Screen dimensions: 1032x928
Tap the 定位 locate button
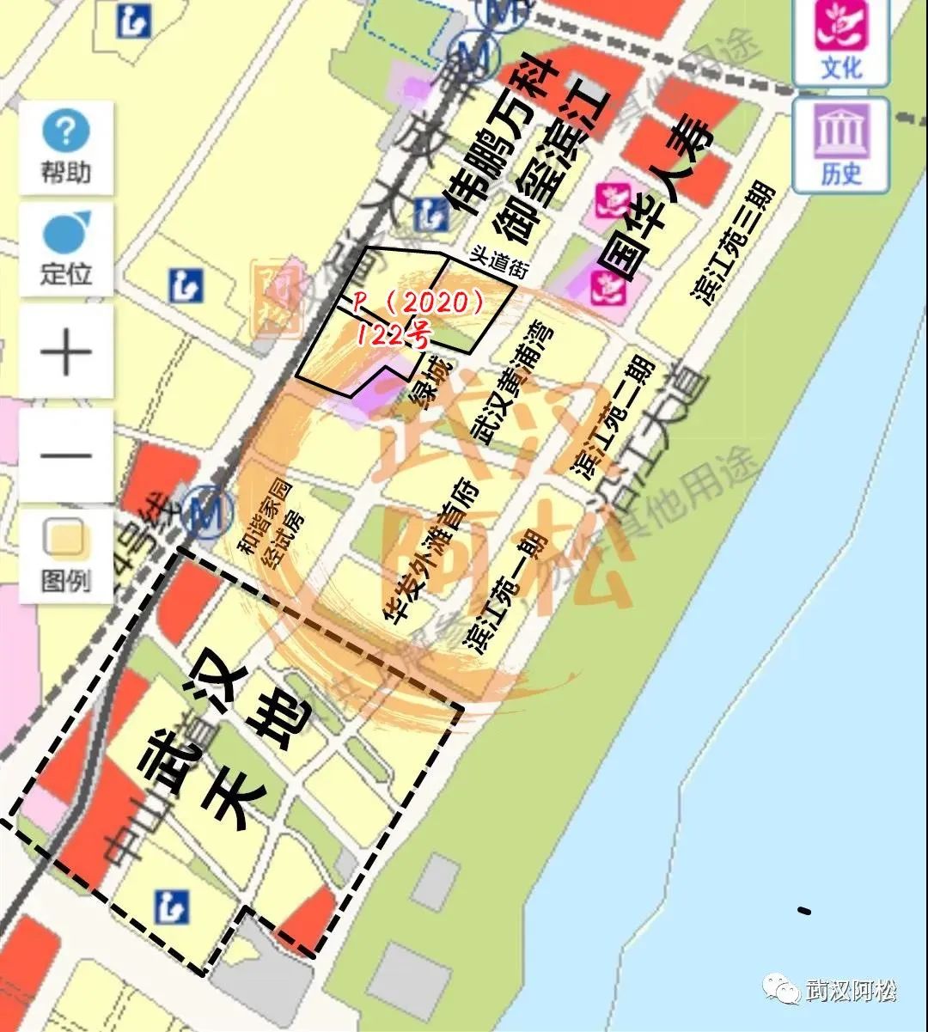coord(66,249)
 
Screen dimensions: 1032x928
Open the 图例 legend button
coord(65,556)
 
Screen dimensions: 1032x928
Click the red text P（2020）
coord(420,302)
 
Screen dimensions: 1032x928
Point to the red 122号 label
coord(392,333)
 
